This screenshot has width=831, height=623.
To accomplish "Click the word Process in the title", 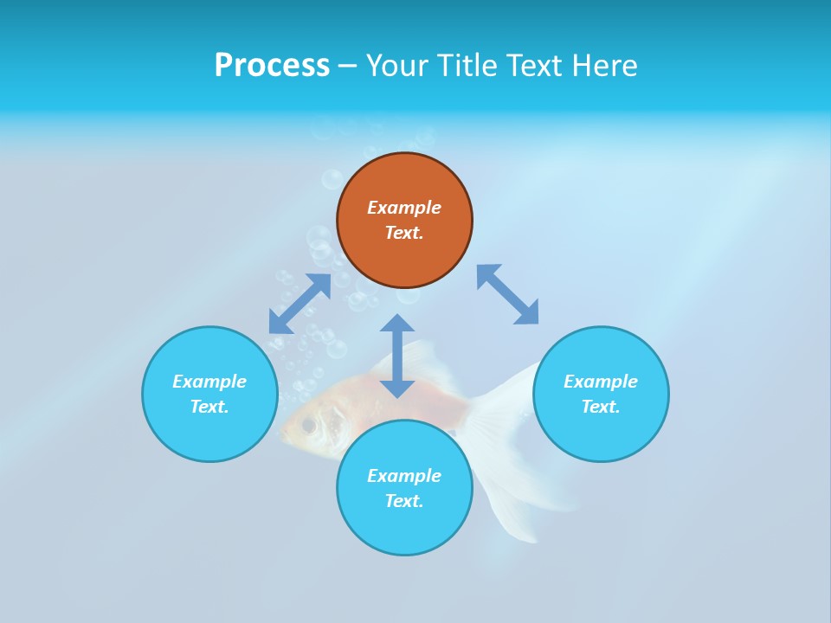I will coord(272,66).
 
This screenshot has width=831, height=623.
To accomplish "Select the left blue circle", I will coord(209,433).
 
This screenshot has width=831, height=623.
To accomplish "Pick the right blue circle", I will coord(601,433).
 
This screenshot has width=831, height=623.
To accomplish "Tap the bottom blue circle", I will coord(404,528).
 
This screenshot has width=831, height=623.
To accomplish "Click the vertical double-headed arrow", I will coord(397,356).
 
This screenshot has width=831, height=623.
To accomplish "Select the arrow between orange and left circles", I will coord(300,304).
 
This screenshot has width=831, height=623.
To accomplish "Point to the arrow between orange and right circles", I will coord(507,294).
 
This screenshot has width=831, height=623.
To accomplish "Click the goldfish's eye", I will coord(308,425).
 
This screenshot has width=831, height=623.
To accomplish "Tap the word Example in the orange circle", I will coord(404,208).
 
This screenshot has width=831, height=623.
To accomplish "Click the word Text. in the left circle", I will coord(209,407).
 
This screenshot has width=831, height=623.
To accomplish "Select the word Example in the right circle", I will coord(601,382).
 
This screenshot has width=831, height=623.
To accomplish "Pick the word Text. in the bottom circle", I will coord(404,501).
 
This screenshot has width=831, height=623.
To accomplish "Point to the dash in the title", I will coord(347,66).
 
